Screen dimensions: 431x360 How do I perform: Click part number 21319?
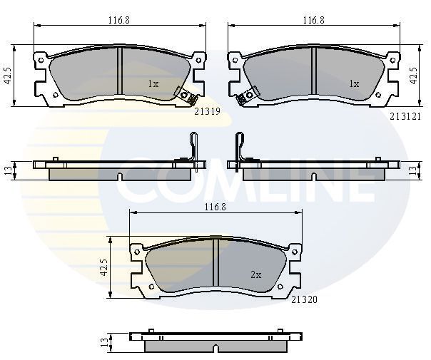click(207, 111)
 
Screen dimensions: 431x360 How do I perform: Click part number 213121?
click(405, 117)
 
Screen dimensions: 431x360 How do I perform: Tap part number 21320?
click(304, 299)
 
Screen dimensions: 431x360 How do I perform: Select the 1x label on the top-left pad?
click(153, 83)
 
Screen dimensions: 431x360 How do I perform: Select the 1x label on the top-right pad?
click(354, 83)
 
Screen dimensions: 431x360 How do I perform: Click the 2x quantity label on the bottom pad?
click(256, 274)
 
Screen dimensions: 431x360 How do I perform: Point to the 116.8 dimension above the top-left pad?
click(118, 20)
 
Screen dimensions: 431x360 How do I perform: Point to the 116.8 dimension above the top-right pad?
click(314, 20)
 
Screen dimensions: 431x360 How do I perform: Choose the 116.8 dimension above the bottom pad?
click(215, 207)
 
